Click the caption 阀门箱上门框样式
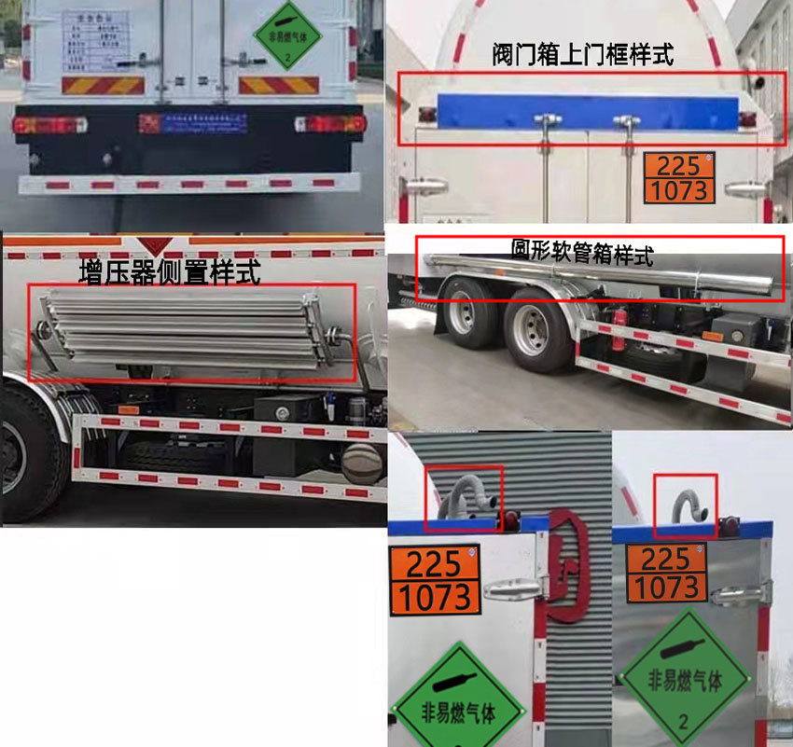(582, 54)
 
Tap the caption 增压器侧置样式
(170, 273)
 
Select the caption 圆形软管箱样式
(581, 252)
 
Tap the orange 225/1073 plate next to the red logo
(434, 578)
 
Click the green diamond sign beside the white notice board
(286, 37)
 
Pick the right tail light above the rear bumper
(331, 123)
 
